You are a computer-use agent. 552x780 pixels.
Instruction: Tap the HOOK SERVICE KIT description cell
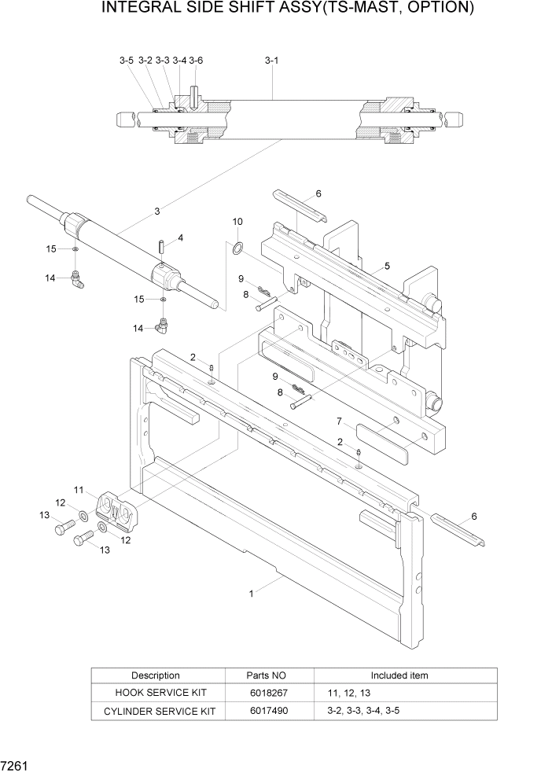(x=155, y=693)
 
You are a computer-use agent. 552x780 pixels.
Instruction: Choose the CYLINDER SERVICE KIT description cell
(x=155, y=711)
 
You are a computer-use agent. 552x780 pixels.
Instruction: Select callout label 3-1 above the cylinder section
(x=272, y=60)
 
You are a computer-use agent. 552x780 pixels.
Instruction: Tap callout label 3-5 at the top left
(x=127, y=60)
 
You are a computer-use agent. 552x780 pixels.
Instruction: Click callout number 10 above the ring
(x=237, y=223)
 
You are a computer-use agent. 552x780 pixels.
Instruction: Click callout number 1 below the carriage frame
(x=252, y=594)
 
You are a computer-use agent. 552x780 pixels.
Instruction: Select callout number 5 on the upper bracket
(x=386, y=266)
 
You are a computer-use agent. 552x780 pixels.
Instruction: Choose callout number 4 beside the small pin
(x=180, y=237)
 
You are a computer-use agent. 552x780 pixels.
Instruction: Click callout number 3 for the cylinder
(x=157, y=211)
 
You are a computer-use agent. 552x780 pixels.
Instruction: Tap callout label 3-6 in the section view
(x=196, y=60)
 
